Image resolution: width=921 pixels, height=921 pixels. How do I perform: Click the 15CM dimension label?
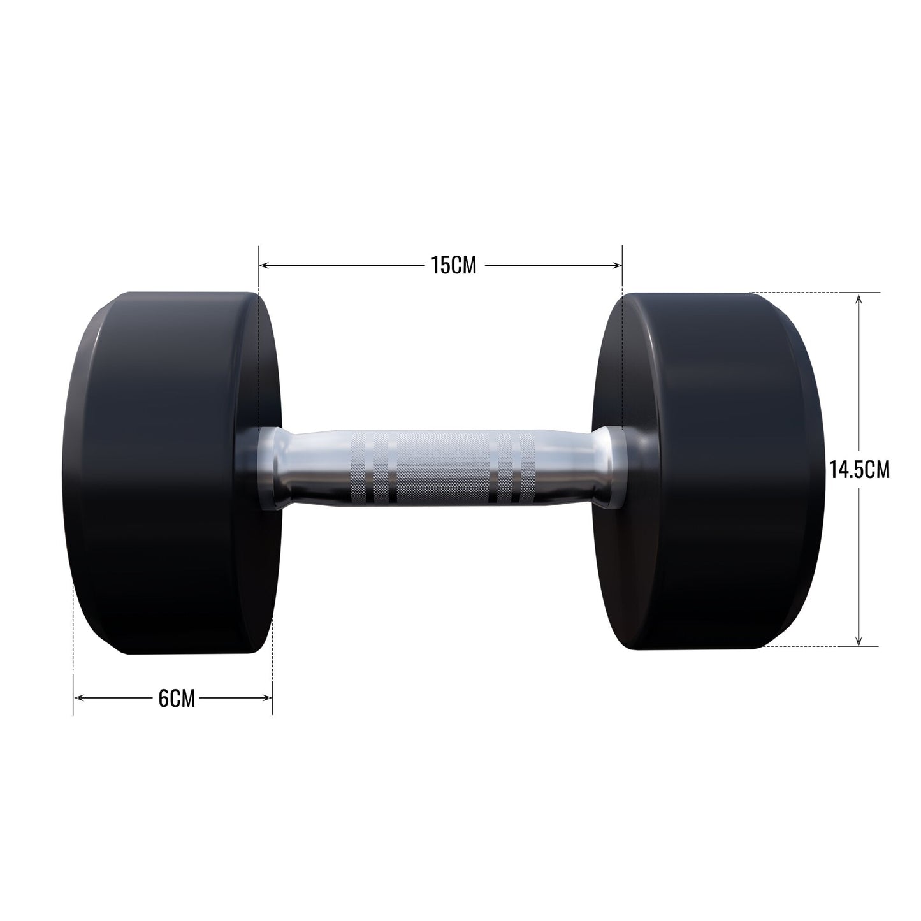454,265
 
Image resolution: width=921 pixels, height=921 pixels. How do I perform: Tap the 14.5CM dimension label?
859,470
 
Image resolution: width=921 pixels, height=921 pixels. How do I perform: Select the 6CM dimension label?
177,699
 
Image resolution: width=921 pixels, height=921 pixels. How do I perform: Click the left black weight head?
171,473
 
